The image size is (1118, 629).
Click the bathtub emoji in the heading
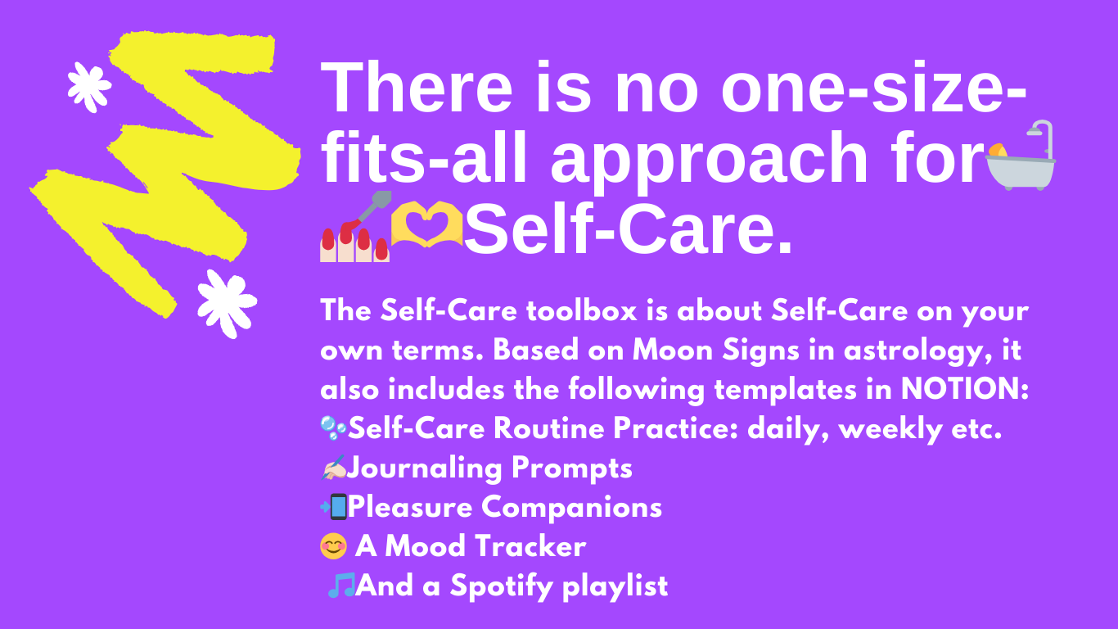pyautogui.click(x=1021, y=156)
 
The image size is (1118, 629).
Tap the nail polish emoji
pyautogui.click(x=355, y=227)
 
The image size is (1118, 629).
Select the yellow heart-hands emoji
pyautogui.click(x=426, y=224)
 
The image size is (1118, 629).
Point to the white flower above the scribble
pyautogui.click(x=89, y=87)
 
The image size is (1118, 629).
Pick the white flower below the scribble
pyautogui.click(x=227, y=304)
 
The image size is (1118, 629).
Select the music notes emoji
pyautogui.click(x=341, y=585)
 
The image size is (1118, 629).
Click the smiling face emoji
pyautogui.click(x=333, y=545)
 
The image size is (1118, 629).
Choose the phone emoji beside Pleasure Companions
pyautogui.click(x=333, y=507)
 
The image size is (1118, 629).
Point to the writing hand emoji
pyautogui.click(x=333, y=467)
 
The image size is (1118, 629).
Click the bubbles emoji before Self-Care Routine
pyautogui.click(x=333, y=428)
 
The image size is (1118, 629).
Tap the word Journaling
pyautogui.click(x=424, y=468)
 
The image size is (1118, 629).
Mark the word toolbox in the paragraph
pyautogui.click(x=582, y=310)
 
